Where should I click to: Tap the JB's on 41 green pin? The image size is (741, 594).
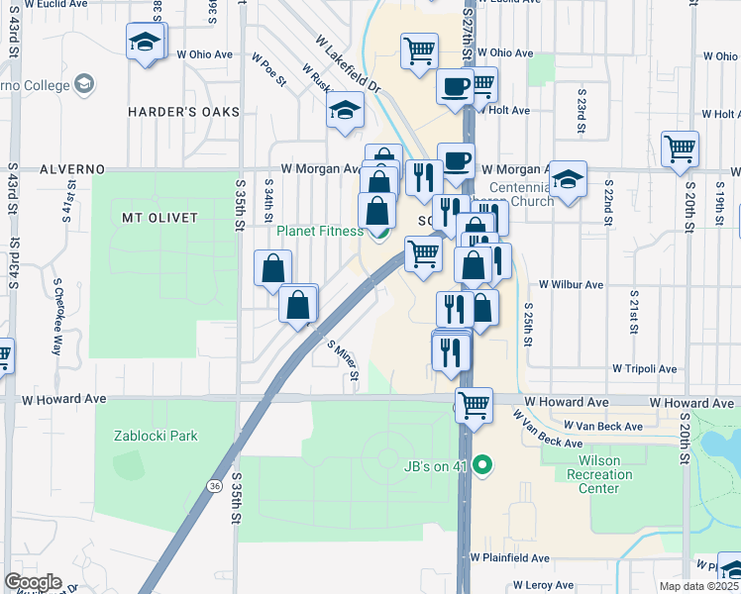482,462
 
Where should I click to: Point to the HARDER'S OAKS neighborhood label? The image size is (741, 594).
184,112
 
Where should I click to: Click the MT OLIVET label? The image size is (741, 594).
159,217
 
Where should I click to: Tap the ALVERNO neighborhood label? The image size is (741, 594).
72,169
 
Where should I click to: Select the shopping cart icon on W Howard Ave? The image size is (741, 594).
475,404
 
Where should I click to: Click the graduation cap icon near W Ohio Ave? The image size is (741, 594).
145,43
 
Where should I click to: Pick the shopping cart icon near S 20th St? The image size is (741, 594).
680,149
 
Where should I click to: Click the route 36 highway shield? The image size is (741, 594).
214,485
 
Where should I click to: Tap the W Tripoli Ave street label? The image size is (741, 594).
645,368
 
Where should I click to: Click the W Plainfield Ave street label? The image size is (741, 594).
510,558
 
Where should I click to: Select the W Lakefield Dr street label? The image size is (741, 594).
348,66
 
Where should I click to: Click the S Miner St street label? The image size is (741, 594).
342,360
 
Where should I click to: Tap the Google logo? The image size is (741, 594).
33,582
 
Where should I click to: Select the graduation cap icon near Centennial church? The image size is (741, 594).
568,180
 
